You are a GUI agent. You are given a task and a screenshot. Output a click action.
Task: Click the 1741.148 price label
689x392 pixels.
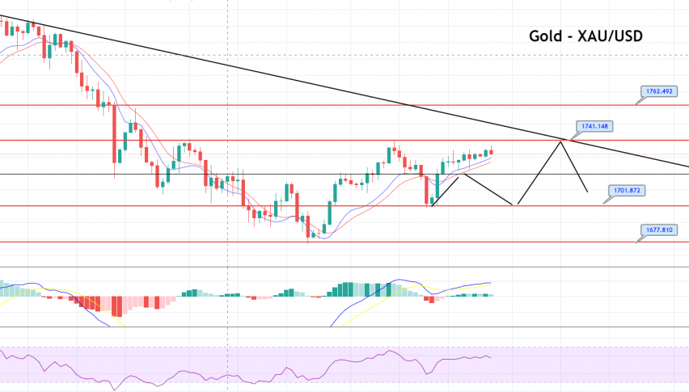pos(597,126)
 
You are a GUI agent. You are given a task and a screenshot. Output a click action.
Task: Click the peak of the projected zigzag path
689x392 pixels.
pos(560,142)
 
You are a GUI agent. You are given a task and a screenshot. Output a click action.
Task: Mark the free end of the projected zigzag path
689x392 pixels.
pos(586,192)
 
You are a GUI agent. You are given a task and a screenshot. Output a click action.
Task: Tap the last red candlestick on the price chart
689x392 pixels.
pos(492,151)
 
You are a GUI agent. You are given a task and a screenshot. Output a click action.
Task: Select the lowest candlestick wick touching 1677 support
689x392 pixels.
pos(308,241)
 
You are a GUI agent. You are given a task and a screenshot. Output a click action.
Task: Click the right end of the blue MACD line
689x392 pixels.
pos(491,283)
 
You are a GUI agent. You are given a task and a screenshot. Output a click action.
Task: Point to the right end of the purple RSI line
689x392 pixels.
pos(491,357)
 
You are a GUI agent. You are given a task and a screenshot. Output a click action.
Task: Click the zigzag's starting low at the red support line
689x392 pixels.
pos(432,205)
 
